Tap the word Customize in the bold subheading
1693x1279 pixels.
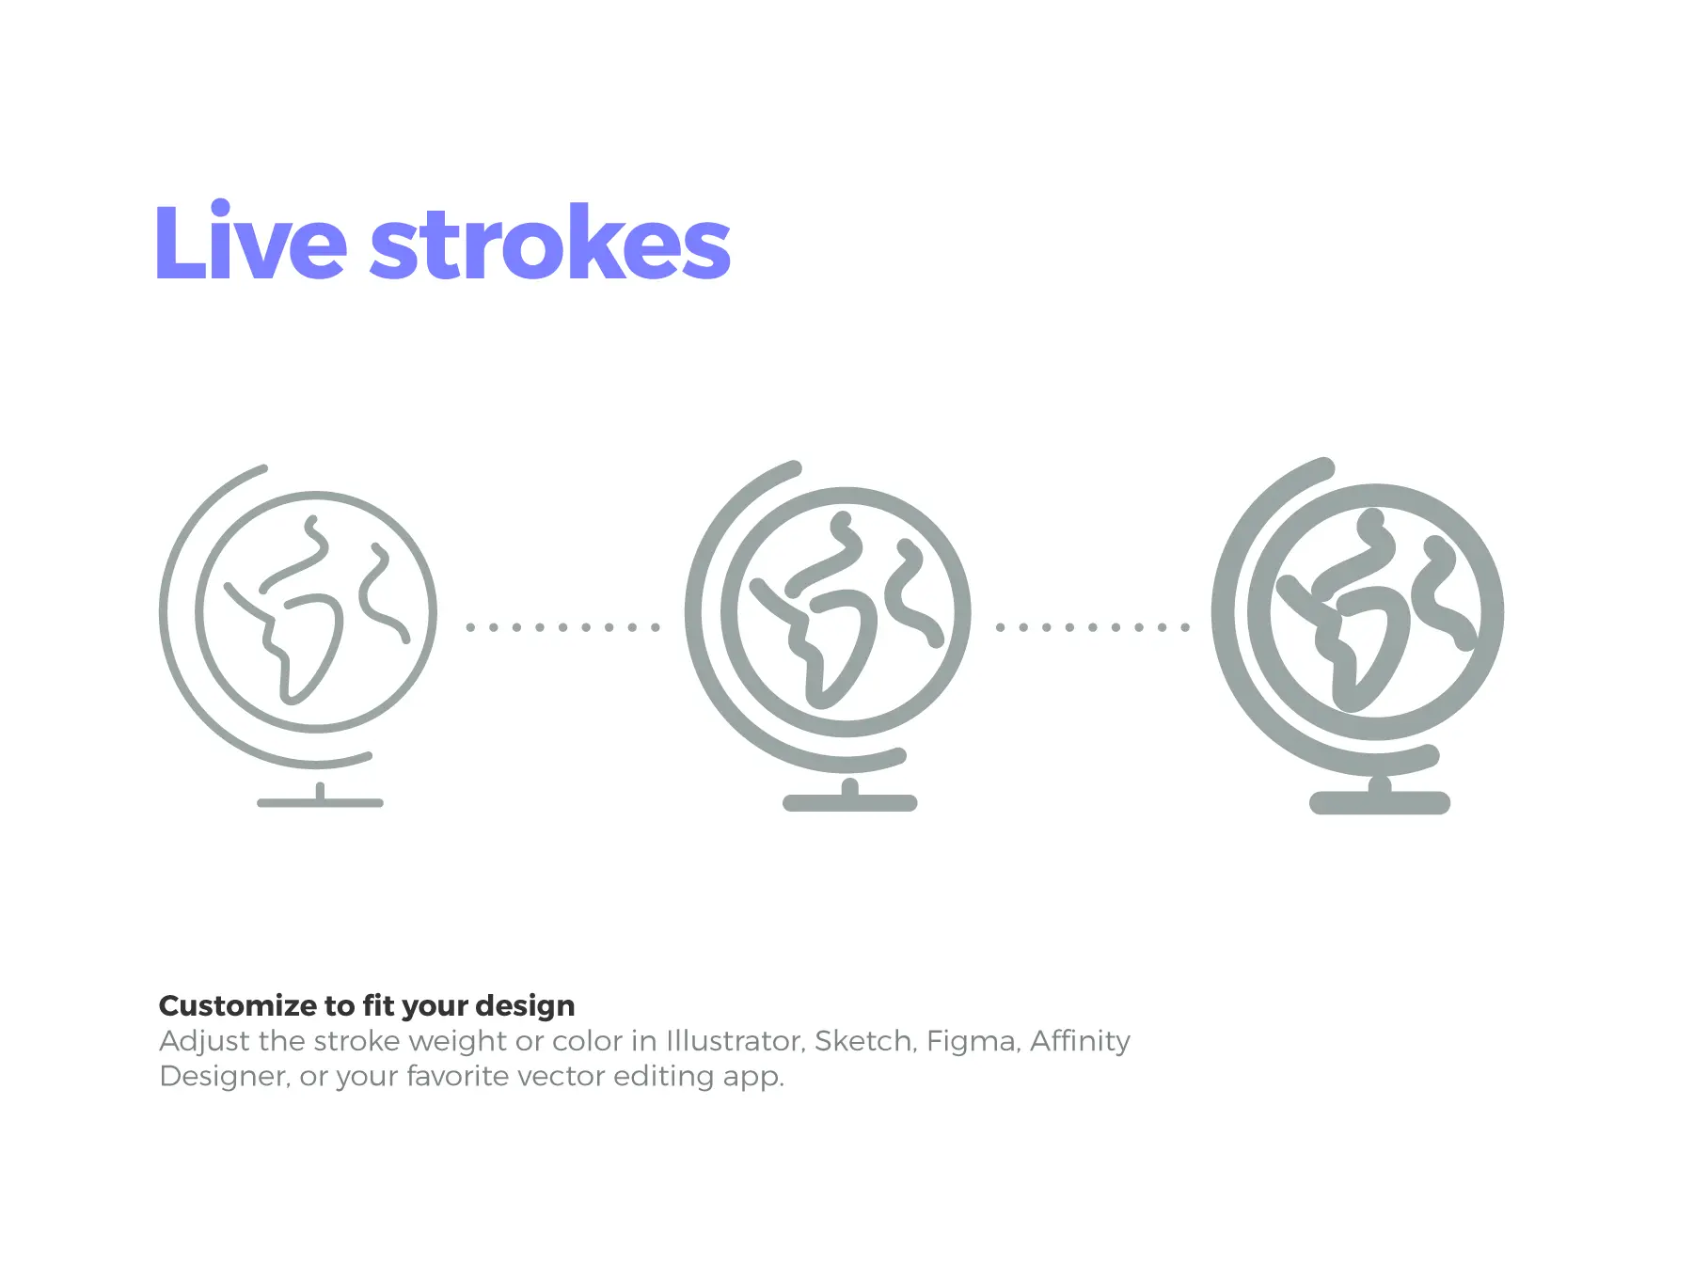pyautogui.click(x=238, y=1006)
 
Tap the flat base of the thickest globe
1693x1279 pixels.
pyautogui.click(x=1380, y=802)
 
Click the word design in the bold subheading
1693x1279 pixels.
pyautogui.click(x=525, y=1006)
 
